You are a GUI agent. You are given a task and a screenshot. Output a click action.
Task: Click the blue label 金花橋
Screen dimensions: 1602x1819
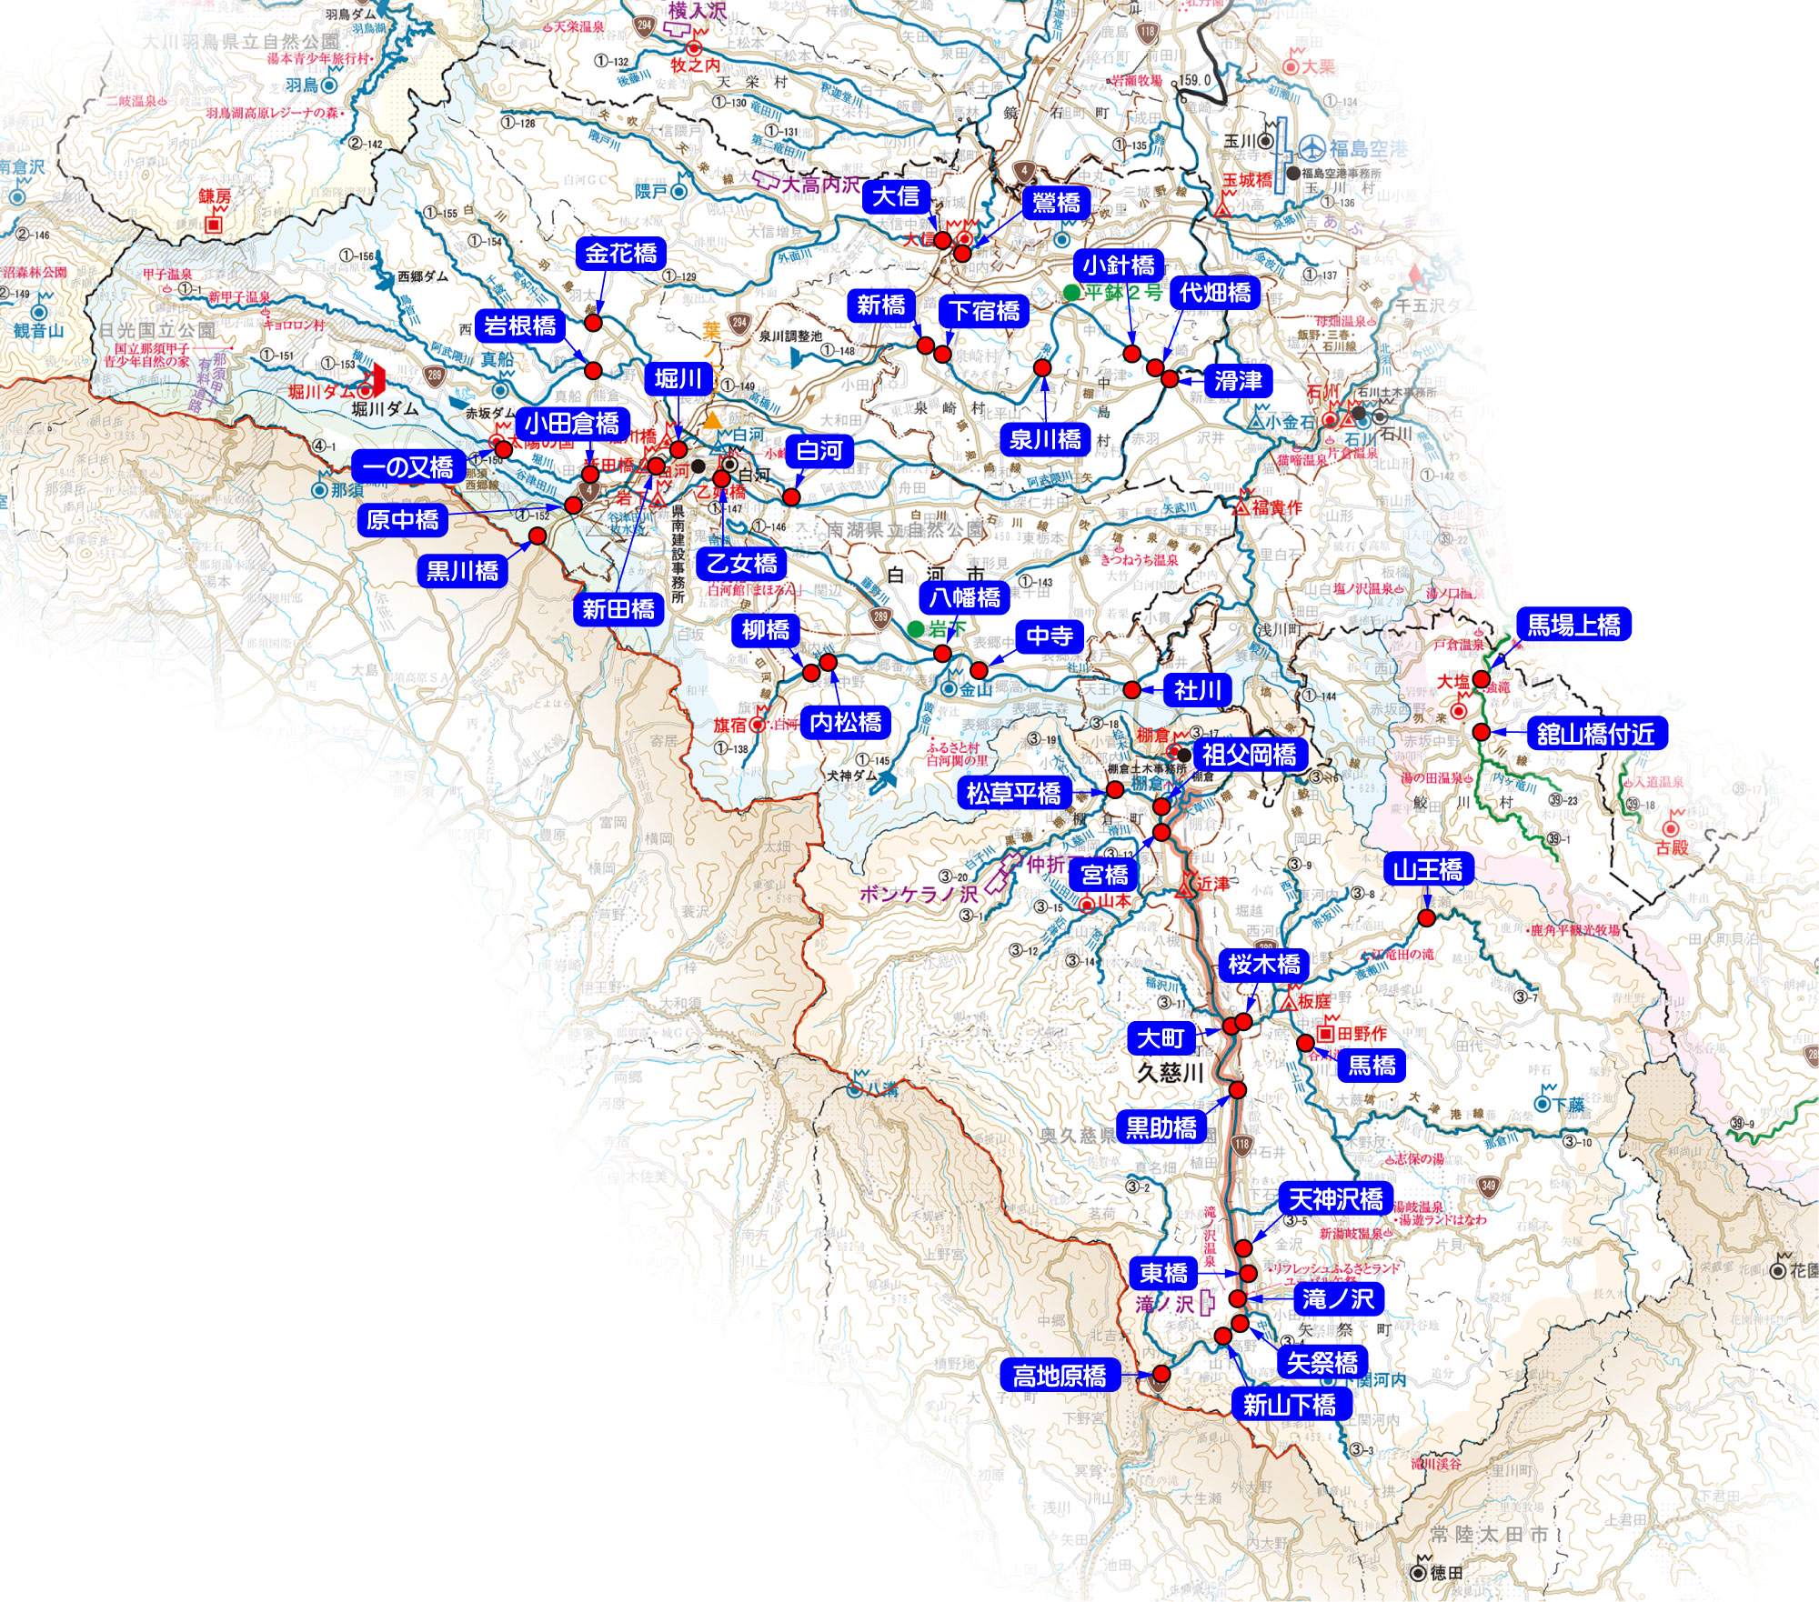(620, 254)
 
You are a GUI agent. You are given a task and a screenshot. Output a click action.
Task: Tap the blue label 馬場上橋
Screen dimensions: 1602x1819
(1573, 626)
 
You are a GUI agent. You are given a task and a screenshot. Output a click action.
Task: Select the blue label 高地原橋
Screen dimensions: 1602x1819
(1060, 1376)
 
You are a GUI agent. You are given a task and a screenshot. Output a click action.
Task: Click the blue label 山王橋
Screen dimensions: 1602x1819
(1427, 870)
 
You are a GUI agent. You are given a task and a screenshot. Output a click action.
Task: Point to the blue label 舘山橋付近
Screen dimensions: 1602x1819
(1595, 734)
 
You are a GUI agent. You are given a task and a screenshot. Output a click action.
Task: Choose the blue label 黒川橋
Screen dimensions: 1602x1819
(462, 571)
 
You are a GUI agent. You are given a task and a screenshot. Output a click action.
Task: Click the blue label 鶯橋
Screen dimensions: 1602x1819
(1056, 203)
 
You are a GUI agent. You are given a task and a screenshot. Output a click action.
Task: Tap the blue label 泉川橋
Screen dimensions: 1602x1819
(1045, 440)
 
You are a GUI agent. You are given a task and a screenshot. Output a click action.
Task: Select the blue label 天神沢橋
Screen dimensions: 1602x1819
(1335, 1199)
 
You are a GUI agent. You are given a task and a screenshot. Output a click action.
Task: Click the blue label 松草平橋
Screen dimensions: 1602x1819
(1013, 794)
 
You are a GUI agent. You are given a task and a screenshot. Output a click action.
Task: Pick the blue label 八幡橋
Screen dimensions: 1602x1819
(964, 597)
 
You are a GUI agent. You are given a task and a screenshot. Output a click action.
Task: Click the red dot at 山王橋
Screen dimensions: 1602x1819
(1426, 918)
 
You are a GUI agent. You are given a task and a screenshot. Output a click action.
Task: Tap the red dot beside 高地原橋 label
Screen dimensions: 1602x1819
(1161, 1374)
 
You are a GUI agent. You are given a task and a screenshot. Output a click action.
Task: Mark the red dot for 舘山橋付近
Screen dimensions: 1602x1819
(1482, 732)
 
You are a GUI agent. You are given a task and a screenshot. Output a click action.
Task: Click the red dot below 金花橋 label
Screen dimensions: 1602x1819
(593, 322)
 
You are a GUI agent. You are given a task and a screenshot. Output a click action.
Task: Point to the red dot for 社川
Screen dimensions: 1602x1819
(1131, 690)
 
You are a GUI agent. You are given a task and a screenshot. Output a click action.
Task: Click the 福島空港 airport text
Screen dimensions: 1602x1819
(1368, 148)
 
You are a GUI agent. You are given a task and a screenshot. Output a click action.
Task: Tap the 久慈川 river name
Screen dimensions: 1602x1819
(1171, 1073)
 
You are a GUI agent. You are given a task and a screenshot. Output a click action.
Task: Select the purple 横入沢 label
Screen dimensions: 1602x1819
(698, 11)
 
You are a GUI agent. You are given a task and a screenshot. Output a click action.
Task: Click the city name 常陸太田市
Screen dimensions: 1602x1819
(1489, 1535)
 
